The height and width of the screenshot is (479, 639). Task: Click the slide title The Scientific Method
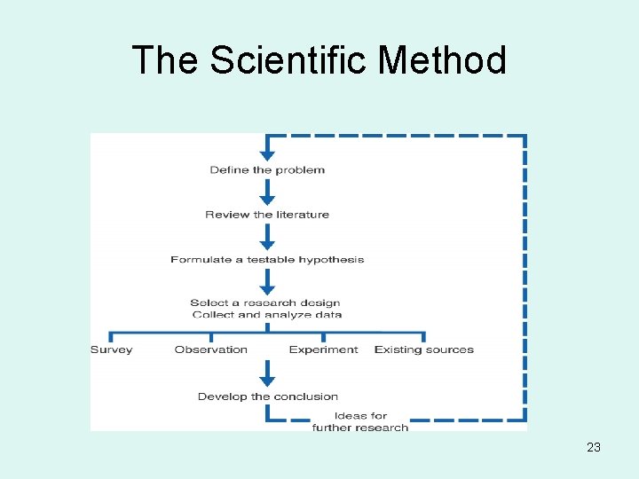point(319,60)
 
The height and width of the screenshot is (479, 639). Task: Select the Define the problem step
point(267,169)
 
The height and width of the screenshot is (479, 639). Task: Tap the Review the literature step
point(267,215)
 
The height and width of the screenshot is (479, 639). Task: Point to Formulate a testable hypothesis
point(267,260)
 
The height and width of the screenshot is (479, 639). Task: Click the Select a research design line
point(264,302)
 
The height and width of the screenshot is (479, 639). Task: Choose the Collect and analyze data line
point(266,314)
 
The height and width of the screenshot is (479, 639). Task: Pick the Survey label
point(111,349)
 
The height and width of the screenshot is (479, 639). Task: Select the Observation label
point(211,349)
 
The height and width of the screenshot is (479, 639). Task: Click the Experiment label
point(323,349)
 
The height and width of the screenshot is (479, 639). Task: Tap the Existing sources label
point(424,349)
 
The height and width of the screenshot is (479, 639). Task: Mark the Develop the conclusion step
point(268,397)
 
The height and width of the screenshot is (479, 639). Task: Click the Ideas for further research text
point(360,421)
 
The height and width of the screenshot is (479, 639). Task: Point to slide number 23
point(594,447)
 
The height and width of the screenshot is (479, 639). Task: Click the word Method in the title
point(442,60)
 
